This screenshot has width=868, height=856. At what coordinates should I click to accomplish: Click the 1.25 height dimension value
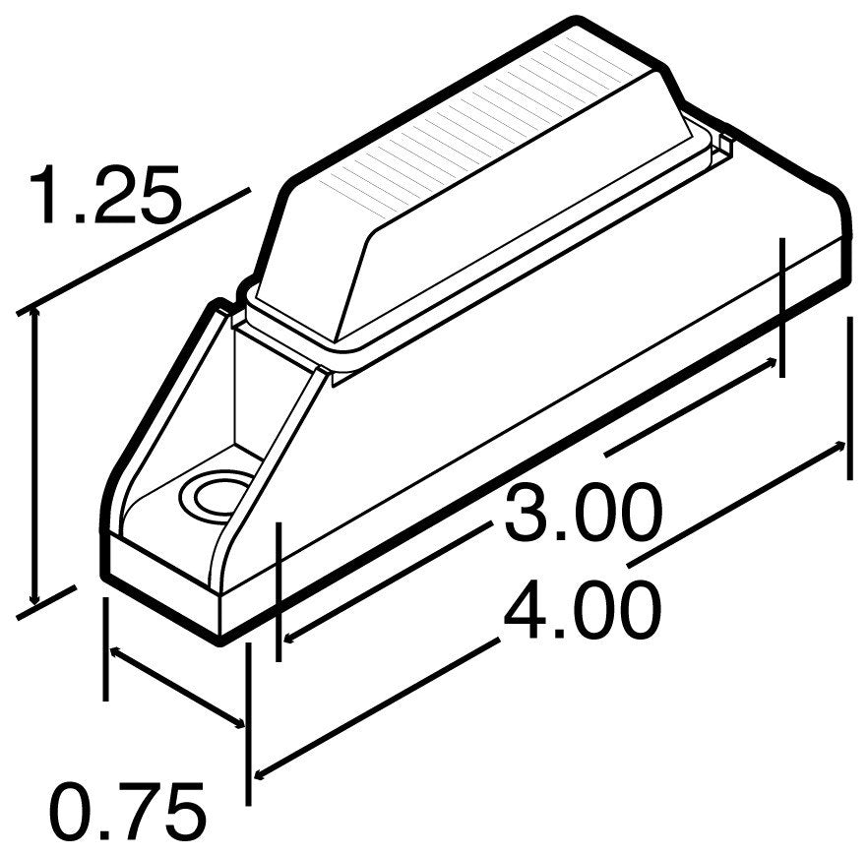click(x=105, y=197)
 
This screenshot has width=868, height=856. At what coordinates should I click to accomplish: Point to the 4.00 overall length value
click(x=581, y=611)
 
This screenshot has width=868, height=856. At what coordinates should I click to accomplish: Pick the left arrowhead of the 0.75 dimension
click(x=112, y=651)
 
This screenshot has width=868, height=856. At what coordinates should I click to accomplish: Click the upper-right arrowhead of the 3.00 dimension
click(x=776, y=363)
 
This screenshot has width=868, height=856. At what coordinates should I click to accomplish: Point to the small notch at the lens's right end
click(x=725, y=145)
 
